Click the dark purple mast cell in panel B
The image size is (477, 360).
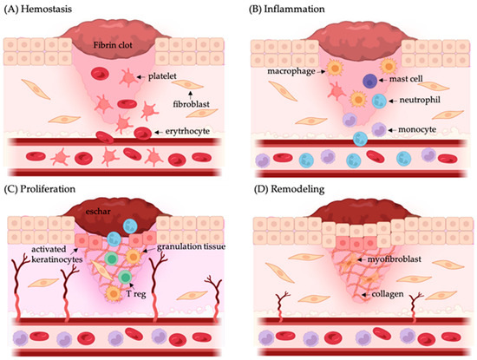click(x=370, y=82)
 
